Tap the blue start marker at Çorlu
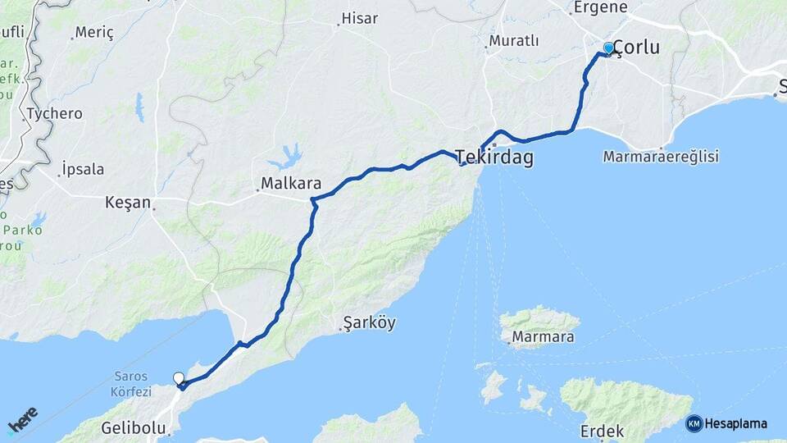click(608, 48)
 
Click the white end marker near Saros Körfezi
click(179, 378)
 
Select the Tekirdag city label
click(494, 158)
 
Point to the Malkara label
click(291, 183)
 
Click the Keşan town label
click(128, 202)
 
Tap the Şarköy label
click(369, 322)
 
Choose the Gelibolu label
click(134, 427)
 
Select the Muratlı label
click(514, 40)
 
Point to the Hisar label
click(359, 17)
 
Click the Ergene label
click(600, 7)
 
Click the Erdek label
click(602, 431)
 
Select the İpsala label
click(83, 170)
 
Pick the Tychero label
click(54, 113)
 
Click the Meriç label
click(93, 33)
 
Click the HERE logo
click(23, 419)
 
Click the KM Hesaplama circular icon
click(694, 423)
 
